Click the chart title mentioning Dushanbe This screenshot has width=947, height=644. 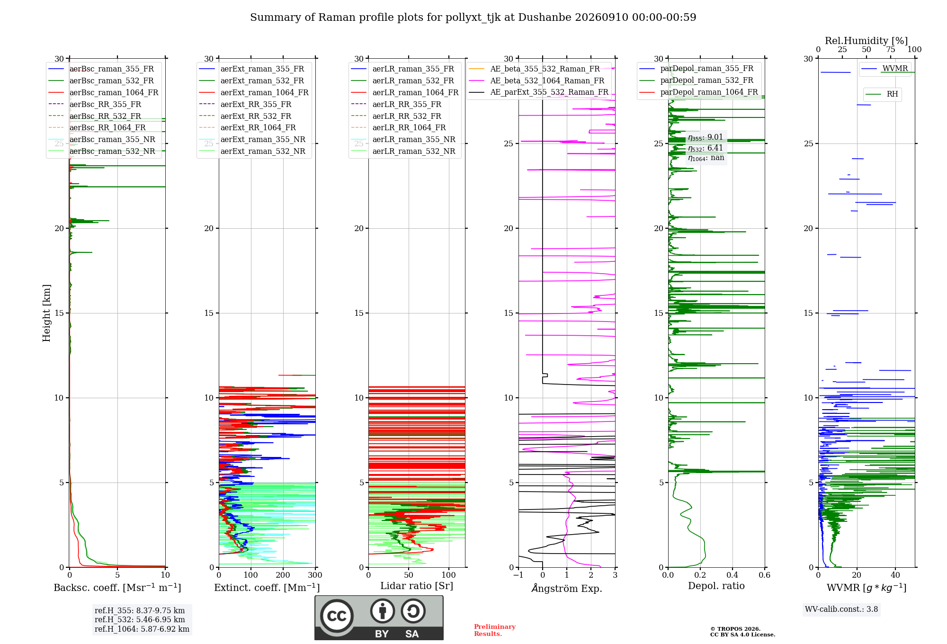pyautogui.click(x=473, y=18)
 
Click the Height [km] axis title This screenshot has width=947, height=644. pyautogui.click(x=46, y=313)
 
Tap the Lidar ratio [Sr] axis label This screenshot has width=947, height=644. pyautogui.click(x=417, y=586)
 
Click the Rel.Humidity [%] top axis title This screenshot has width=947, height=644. pyautogui.click(x=867, y=41)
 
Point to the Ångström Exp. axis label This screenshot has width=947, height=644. pyautogui.click(x=567, y=588)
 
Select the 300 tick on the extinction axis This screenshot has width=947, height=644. pyautogui.click(x=315, y=575)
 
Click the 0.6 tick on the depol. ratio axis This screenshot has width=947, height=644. pyautogui.click(x=765, y=575)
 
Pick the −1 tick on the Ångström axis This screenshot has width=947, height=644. pyautogui.click(x=518, y=575)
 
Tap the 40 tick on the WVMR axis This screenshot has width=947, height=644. pyautogui.click(x=895, y=575)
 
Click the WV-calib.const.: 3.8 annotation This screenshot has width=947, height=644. pyautogui.click(x=841, y=609)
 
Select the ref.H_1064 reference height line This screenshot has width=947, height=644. pyautogui.click(x=142, y=629)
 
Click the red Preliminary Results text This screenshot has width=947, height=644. pyautogui.click(x=495, y=630)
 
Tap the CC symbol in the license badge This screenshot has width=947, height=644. pyautogui.click(x=337, y=616)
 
